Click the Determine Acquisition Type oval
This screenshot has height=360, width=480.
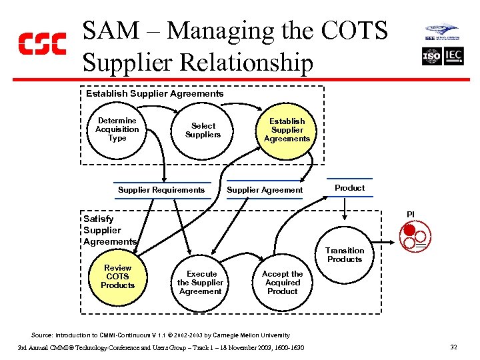coord(117,130)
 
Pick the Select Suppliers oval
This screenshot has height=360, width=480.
coord(203,130)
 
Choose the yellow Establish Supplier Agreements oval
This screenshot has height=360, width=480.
coord(287,130)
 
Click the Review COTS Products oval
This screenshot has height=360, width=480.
coord(117,277)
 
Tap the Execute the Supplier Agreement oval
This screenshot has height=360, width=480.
coord(201,283)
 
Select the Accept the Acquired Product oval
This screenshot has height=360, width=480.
coord(282,283)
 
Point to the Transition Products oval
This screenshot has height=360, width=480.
coord(345,255)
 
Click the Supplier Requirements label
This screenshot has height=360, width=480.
coord(161,190)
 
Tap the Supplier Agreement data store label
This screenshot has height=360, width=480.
coord(265,190)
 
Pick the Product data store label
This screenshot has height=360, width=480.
coord(350,188)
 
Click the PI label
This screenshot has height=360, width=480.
coord(411,214)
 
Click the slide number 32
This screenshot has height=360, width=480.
coord(453,347)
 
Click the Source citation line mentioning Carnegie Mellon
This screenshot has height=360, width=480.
coord(161,335)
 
